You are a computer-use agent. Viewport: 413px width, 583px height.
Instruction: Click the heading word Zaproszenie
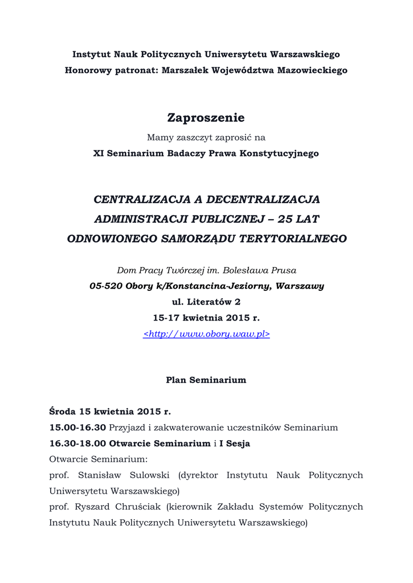click(x=206, y=118)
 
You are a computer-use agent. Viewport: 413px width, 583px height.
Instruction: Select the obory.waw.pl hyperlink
click(x=206, y=334)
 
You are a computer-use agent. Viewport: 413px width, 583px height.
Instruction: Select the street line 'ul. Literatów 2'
click(x=206, y=302)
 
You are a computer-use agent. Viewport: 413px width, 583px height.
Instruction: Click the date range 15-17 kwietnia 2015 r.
click(x=206, y=318)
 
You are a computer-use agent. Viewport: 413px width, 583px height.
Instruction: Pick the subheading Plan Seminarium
click(x=206, y=380)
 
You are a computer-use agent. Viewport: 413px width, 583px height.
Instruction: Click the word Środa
click(x=63, y=411)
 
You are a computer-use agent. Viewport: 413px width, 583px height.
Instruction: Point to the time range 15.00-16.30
click(x=77, y=427)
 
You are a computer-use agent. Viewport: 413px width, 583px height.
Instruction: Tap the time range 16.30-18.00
click(x=77, y=443)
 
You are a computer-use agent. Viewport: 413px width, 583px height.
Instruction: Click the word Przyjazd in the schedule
click(x=126, y=427)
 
